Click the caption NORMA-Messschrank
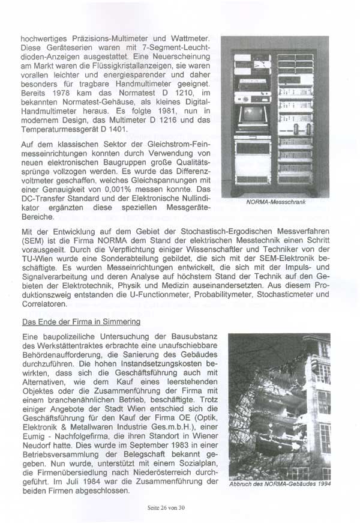click(277, 202)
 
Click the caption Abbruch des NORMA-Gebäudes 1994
click(279, 486)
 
